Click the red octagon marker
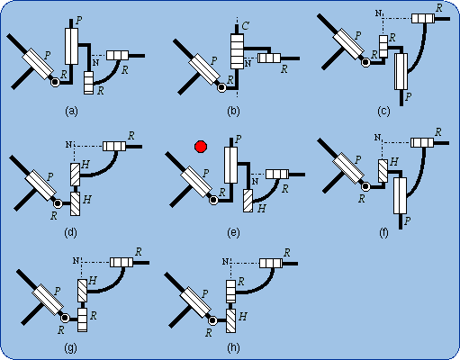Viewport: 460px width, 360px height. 201,147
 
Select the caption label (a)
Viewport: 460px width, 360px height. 71,112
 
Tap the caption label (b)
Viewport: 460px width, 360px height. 233,112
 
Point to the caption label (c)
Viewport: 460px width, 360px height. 383,112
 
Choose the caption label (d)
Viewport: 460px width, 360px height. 71,232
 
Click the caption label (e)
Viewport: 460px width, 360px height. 233,232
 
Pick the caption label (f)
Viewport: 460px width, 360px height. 383,232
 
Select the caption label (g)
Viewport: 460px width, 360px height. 71,347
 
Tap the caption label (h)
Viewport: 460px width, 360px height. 233,347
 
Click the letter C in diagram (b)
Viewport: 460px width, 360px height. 245,26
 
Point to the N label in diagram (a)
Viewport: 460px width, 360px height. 95,63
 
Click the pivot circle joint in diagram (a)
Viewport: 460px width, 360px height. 55,82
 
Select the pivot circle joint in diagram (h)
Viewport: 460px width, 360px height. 212,320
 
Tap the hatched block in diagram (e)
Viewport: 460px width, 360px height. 248,201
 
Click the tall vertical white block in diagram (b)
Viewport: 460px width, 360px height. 237,51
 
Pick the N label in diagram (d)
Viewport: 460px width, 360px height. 69,145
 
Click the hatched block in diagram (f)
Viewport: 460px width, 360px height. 383,171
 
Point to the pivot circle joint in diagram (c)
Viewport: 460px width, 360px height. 365,62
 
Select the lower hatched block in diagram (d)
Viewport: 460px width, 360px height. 75,203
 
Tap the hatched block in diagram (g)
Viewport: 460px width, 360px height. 82,291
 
